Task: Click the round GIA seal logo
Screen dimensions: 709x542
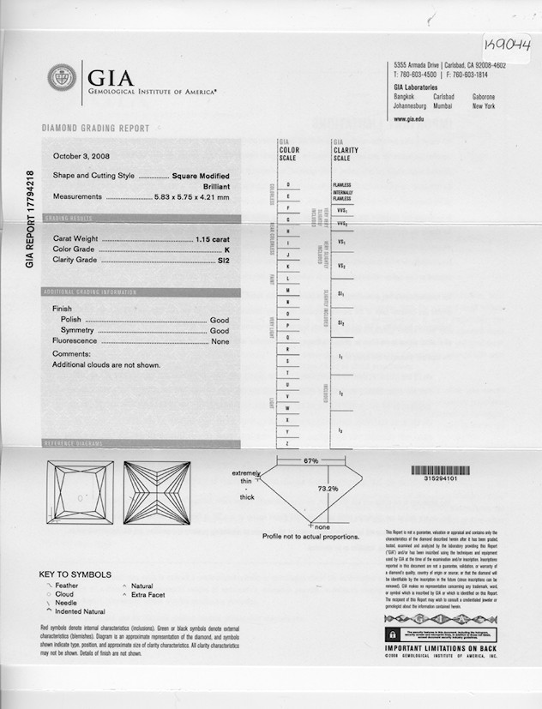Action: tap(61, 79)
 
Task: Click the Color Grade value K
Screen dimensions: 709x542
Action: tap(226, 249)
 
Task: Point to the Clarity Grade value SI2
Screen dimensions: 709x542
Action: tap(223, 259)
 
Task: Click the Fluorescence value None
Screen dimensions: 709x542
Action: tap(220, 341)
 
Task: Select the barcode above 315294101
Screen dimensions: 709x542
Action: tap(442, 470)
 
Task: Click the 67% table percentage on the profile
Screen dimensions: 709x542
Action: tap(310, 460)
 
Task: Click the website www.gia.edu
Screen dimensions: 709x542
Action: tap(410, 119)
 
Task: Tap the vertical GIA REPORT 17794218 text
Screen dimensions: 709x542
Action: tap(30, 219)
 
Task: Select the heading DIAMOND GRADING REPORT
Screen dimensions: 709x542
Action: tap(95, 129)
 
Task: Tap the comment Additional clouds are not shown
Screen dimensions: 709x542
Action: tap(106, 364)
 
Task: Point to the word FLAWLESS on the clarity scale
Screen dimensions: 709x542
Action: tap(342, 185)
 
